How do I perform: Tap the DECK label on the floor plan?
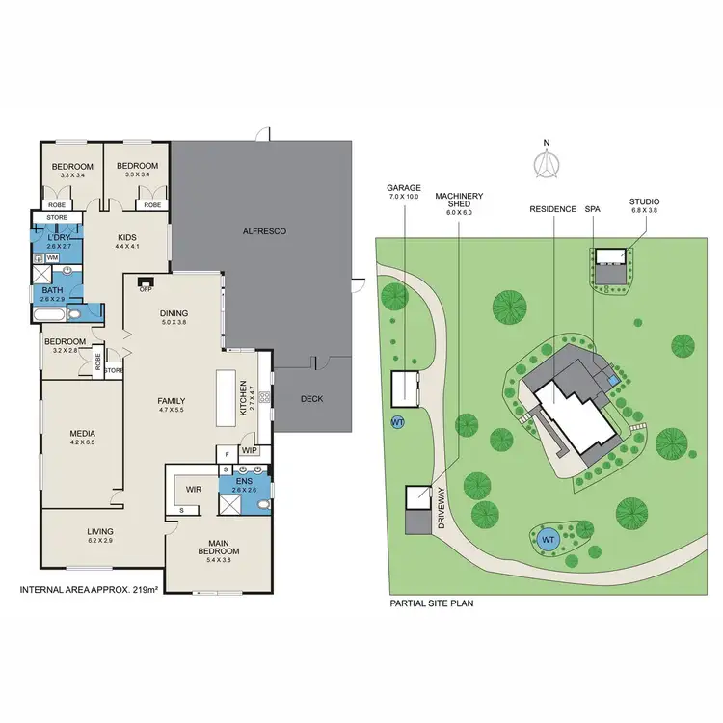coord(310,398)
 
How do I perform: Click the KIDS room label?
coord(128,236)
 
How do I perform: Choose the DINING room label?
coord(174,312)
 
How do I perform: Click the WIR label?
coord(192,489)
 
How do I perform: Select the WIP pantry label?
coord(249,450)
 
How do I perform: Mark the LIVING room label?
coord(100,531)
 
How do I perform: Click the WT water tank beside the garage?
coord(397,422)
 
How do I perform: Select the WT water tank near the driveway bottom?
coord(549,538)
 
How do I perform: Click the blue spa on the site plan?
coord(613,383)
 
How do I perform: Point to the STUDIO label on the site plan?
coord(644,201)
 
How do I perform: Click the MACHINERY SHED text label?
coord(458,201)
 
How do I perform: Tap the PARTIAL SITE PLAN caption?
coord(431,603)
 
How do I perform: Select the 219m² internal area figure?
coord(145,589)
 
